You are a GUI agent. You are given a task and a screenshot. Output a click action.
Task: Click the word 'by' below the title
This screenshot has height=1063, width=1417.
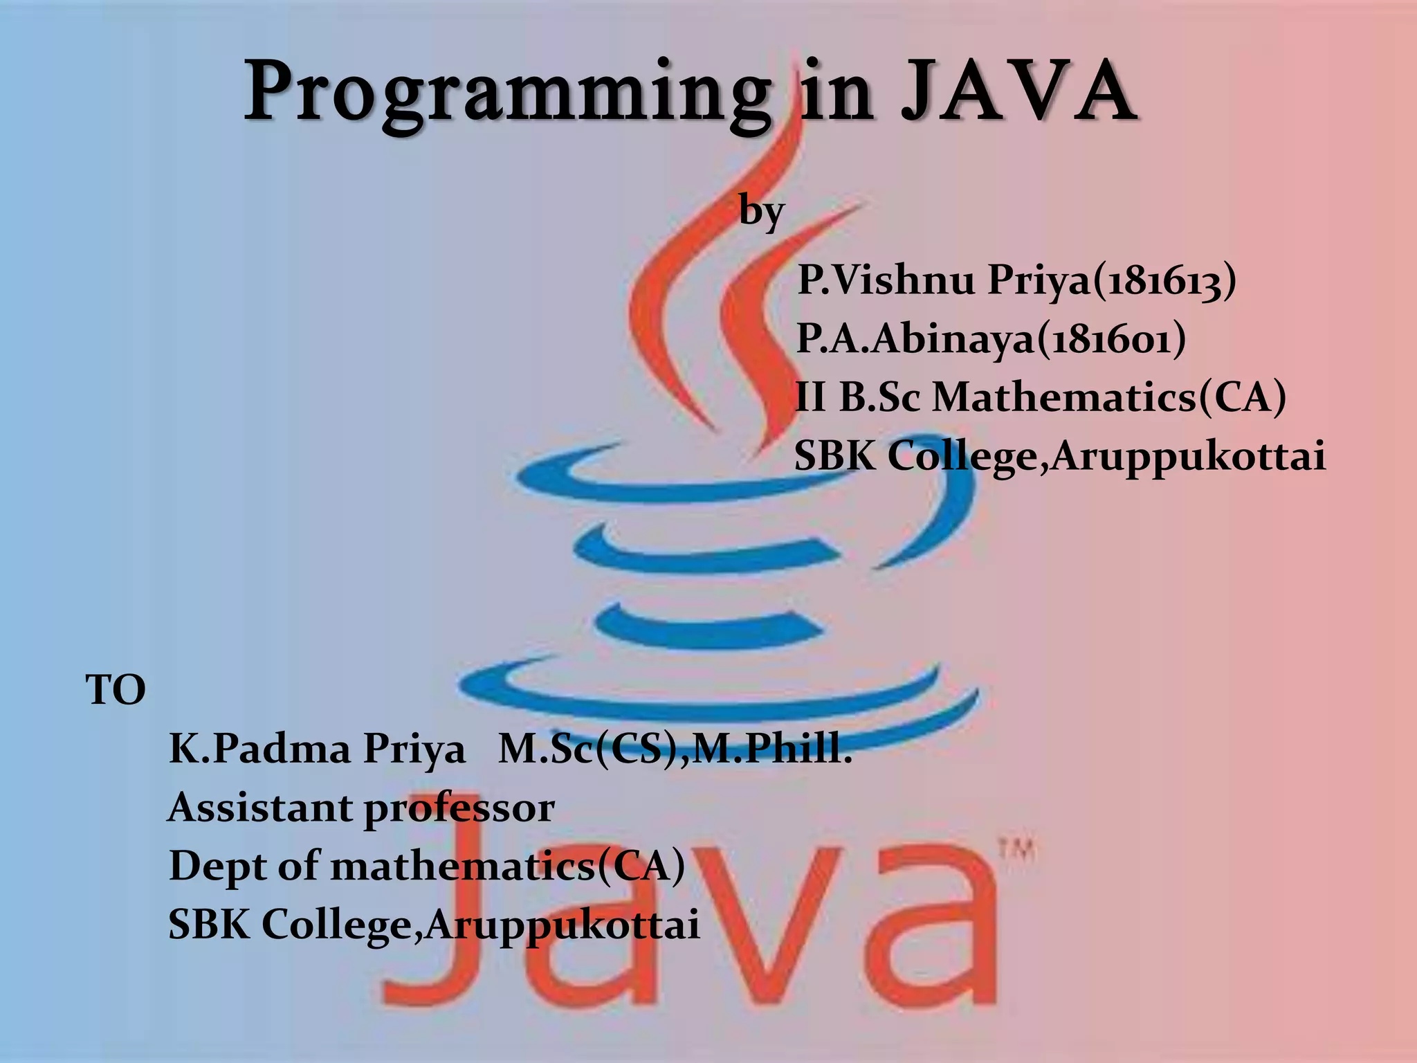pyautogui.click(x=761, y=210)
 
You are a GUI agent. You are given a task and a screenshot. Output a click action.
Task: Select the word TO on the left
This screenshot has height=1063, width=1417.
pyautogui.click(x=116, y=690)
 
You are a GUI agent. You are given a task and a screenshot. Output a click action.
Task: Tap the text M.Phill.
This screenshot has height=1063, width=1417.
pyautogui.click(x=771, y=749)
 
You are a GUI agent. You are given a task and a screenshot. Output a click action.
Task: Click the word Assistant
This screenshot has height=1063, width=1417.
pyautogui.click(x=259, y=808)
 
